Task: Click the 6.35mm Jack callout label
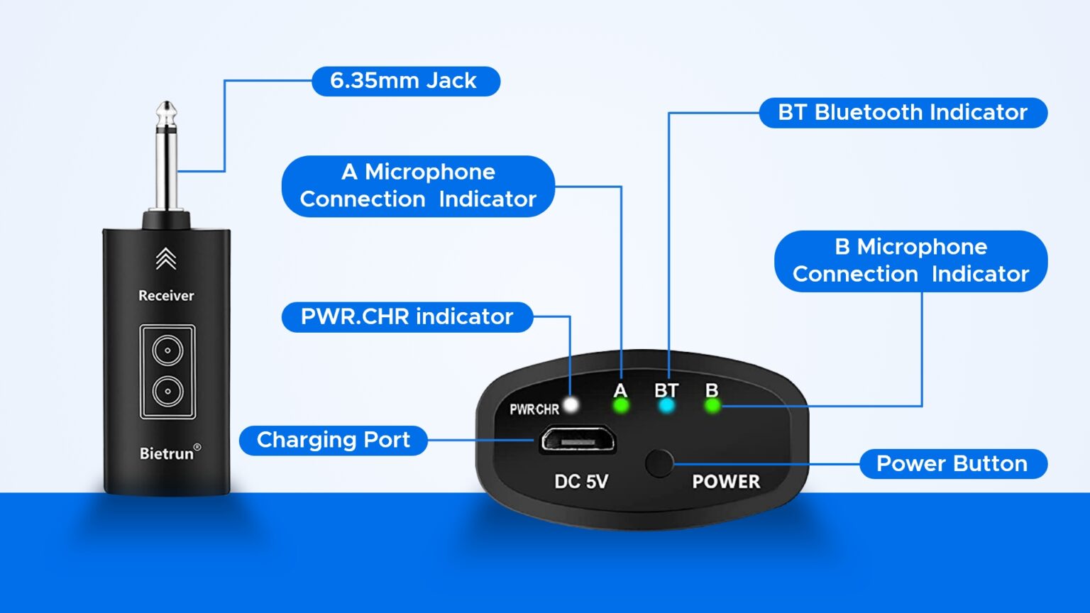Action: (405, 81)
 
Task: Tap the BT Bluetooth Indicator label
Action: (903, 113)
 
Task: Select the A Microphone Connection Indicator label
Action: (418, 186)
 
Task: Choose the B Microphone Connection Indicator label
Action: (910, 260)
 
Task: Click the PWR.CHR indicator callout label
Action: (407, 317)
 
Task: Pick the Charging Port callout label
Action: (333, 441)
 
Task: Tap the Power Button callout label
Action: (952, 464)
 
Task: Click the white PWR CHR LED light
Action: (571, 405)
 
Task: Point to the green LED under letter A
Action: (621, 406)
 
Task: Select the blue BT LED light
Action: (666, 406)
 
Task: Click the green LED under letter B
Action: (712, 406)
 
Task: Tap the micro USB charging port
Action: (577, 441)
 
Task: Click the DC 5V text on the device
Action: (581, 482)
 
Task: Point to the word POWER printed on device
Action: (726, 482)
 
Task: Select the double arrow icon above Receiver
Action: (166, 259)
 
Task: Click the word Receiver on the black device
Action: (166, 296)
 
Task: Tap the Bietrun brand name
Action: (167, 453)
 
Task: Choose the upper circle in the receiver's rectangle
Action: (167, 350)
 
